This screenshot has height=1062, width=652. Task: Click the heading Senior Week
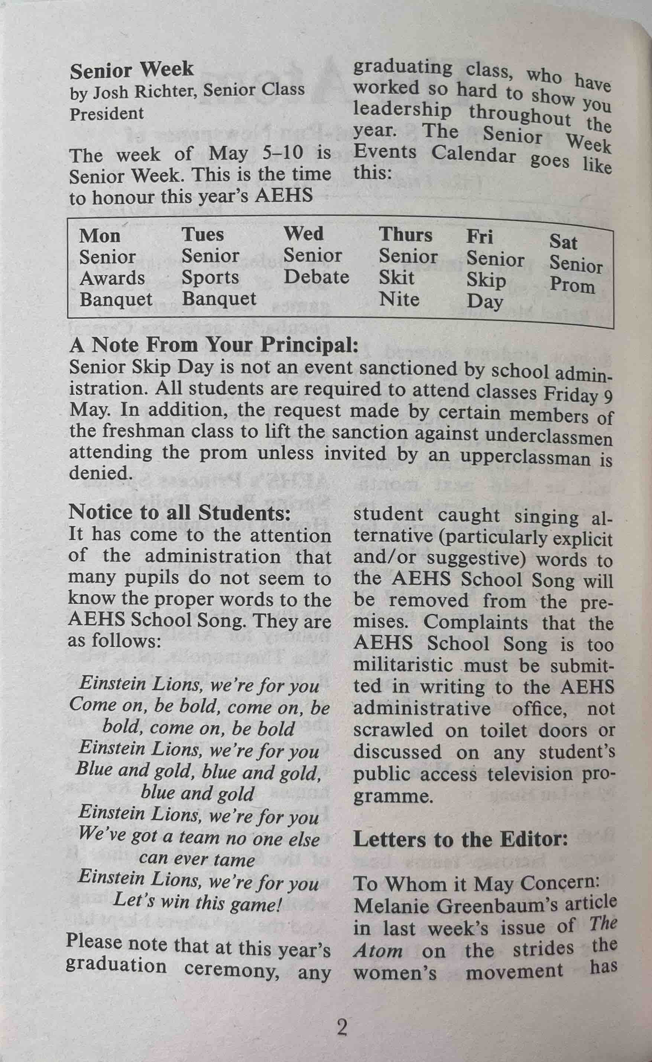[132, 70]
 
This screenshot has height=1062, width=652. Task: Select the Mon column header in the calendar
[100, 236]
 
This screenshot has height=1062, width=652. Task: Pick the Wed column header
[303, 234]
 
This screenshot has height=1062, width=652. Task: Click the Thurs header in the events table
[405, 235]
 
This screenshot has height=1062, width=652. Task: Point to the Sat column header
[563, 242]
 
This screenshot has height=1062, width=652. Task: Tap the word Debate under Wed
[316, 277]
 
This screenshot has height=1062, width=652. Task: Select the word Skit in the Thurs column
[396, 277]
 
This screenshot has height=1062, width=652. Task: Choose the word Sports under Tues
[210, 277]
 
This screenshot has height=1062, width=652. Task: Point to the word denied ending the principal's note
[99, 473]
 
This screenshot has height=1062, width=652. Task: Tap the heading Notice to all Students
[179, 512]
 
